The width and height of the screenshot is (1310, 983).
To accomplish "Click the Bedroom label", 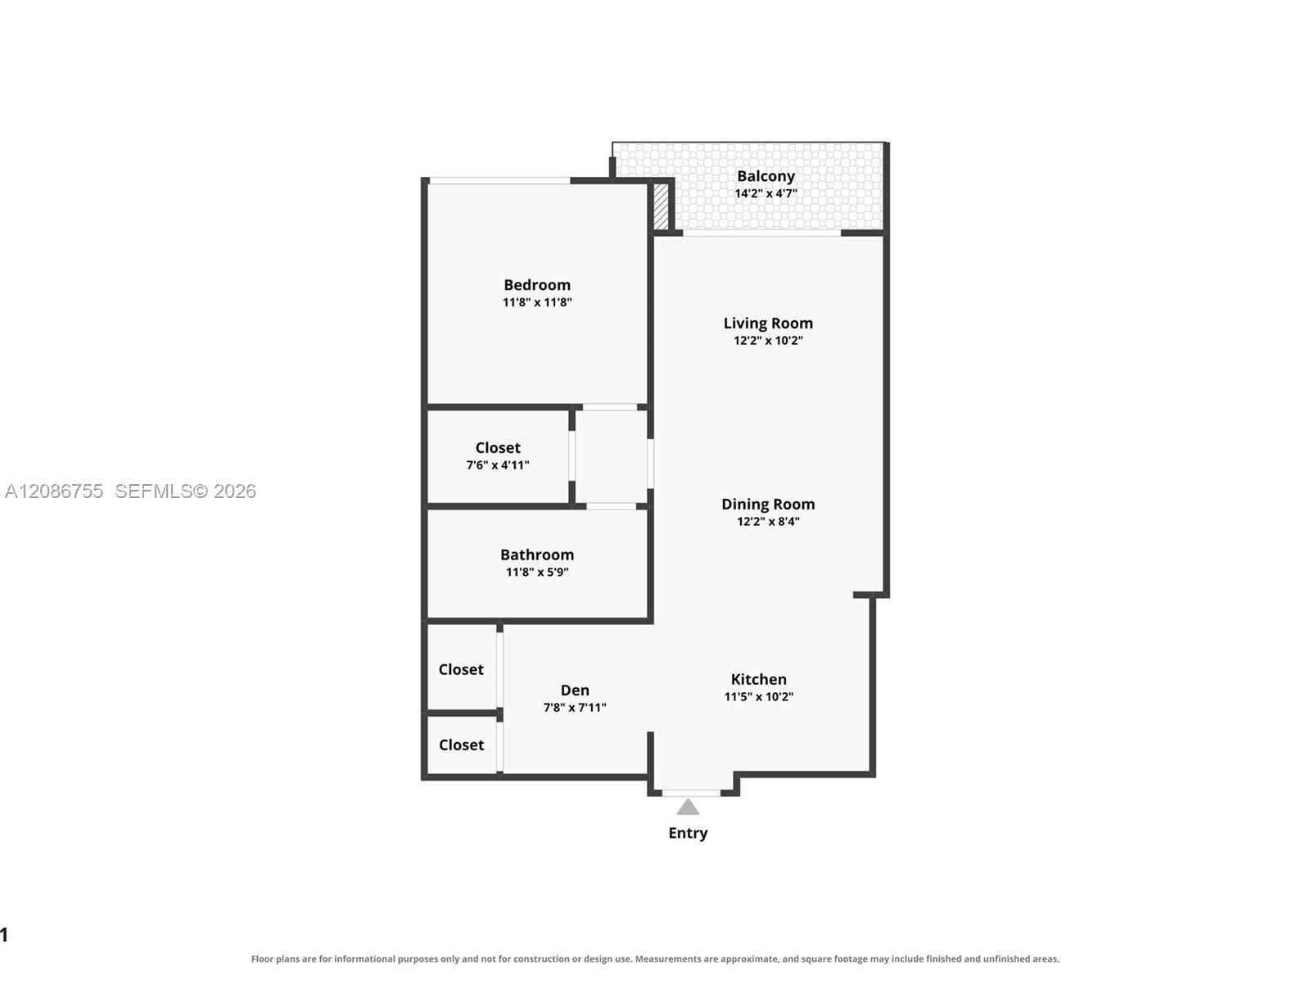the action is click(536, 285).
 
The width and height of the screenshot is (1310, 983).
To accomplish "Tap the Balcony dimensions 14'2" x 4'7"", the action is click(766, 193).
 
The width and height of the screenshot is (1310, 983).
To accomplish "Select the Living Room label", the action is click(768, 323).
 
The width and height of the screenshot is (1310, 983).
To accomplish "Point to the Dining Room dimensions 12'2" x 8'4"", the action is click(768, 521).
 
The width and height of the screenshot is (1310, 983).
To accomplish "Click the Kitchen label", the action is click(758, 679).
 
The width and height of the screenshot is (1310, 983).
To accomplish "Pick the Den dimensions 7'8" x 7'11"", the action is click(575, 707).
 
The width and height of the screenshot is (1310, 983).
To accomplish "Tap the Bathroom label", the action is click(537, 555).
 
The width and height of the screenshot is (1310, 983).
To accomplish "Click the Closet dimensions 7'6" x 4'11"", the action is click(498, 465).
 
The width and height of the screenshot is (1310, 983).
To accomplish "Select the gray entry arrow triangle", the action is click(688, 807).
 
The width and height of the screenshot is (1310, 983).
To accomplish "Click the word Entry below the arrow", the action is click(688, 833).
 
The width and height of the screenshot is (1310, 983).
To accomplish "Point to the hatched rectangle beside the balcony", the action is click(661, 206).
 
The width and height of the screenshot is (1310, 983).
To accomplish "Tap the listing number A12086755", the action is click(54, 491).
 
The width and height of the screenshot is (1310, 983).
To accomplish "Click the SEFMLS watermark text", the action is click(185, 491).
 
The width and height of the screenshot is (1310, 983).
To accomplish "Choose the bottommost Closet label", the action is click(461, 745).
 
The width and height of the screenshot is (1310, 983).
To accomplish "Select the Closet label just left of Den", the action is click(461, 669).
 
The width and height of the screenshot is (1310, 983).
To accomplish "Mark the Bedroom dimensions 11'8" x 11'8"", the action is click(537, 302).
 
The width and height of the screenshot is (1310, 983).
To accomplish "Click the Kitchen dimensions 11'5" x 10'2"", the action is click(758, 696).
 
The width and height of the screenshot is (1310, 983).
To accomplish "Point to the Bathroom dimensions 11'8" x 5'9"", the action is click(537, 572).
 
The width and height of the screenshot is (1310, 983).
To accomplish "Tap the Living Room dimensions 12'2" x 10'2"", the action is click(768, 340).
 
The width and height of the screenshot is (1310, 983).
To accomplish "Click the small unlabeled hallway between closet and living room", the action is click(611, 456).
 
